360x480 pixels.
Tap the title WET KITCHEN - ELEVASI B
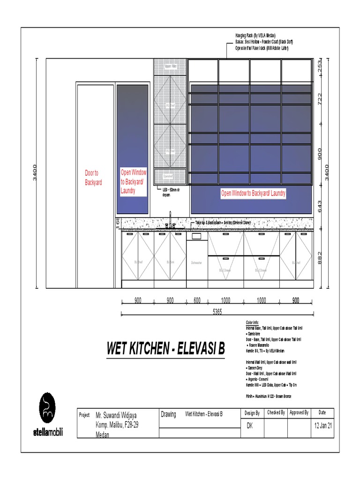(x=165, y=349)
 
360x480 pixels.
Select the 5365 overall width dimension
(x=217, y=312)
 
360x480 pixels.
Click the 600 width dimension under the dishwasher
(x=197, y=301)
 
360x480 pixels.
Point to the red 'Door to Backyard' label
(x=93, y=178)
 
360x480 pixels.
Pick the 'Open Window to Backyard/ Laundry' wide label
(x=253, y=193)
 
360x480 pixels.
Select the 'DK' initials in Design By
(x=250, y=426)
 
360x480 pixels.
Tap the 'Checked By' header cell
(x=276, y=413)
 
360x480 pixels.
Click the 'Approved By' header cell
(x=299, y=413)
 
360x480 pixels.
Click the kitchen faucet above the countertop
(x=170, y=220)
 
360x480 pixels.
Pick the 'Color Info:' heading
(x=252, y=323)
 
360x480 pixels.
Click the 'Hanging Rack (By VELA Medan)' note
(x=255, y=36)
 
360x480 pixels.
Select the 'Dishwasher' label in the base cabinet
(x=196, y=263)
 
